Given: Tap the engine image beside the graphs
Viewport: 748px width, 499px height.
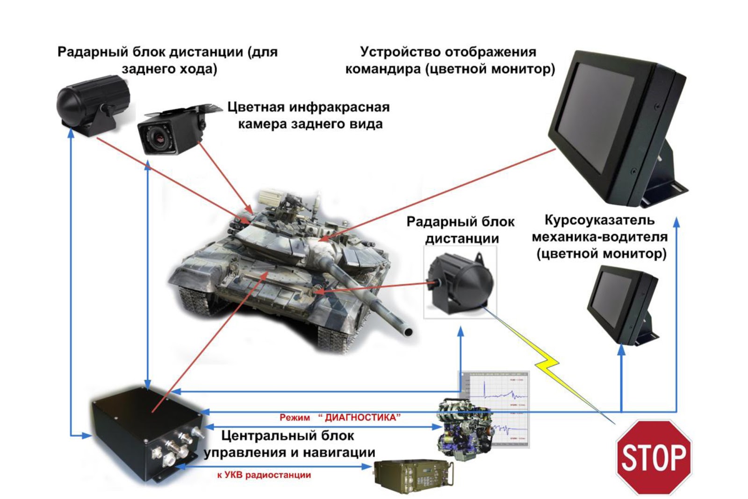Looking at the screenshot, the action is click(463, 428).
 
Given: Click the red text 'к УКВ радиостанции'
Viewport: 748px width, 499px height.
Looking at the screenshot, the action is click(264, 475).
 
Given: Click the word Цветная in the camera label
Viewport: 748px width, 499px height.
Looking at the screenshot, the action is click(256, 107).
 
